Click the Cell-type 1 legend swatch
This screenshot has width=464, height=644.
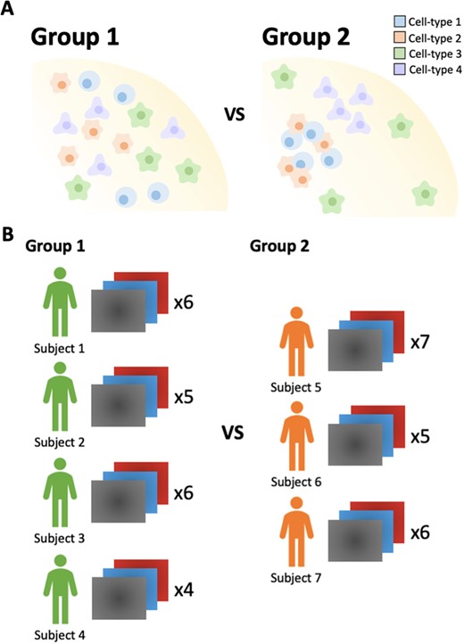[x=400, y=21]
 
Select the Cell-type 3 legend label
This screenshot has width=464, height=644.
[x=435, y=54]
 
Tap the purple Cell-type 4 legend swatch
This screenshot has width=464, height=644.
[x=400, y=70]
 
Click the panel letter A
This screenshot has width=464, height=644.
[x=7, y=8]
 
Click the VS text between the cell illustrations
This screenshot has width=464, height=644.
[x=235, y=114]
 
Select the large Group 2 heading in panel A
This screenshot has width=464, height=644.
[x=306, y=37]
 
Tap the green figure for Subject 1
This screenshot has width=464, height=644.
[x=60, y=301]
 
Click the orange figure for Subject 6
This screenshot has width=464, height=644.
[x=297, y=436]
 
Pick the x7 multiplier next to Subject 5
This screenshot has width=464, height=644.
[x=420, y=342]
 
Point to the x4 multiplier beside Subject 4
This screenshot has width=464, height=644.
[x=184, y=590]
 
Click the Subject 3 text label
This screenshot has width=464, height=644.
[x=59, y=538]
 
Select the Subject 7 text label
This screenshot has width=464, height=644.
[x=296, y=578]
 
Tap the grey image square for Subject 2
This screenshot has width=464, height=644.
[x=119, y=405]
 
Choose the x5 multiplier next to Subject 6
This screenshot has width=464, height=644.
[x=420, y=437]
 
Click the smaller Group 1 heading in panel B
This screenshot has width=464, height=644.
[x=55, y=246]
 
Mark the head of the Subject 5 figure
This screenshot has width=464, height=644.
[x=296, y=312]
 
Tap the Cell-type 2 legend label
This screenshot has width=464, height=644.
[x=435, y=37]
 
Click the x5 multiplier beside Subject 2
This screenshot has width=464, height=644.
[x=184, y=398]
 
